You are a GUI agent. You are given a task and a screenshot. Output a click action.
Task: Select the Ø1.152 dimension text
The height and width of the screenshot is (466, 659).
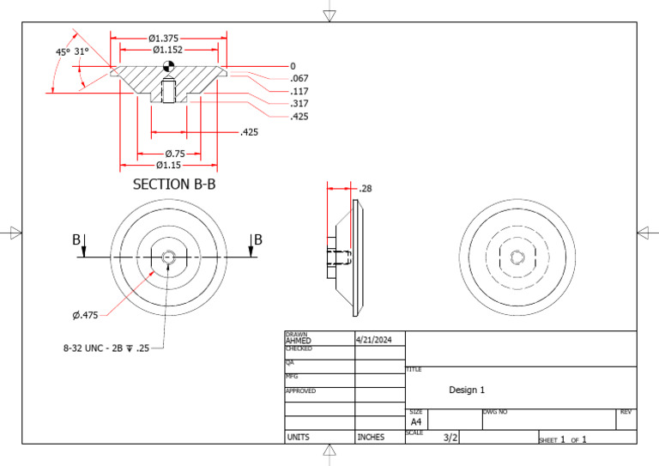(168, 51)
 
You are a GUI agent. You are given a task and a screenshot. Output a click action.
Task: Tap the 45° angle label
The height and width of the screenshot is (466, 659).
(63, 51)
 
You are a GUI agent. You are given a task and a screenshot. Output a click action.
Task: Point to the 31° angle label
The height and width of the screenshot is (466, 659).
(82, 51)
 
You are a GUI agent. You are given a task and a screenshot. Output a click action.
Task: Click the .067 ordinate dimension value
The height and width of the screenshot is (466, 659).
(299, 79)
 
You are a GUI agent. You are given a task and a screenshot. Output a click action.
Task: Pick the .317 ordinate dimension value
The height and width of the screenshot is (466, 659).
(299, 104)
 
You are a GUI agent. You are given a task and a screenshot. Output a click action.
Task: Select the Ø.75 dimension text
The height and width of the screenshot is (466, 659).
(175, 153)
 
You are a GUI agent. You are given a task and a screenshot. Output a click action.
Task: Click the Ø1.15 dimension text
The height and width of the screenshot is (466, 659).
(168, 164)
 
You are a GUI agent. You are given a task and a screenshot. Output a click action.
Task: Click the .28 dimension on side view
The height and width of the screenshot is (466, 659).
(366, 188)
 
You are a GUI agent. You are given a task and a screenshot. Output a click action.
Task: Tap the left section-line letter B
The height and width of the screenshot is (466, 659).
(76, 240)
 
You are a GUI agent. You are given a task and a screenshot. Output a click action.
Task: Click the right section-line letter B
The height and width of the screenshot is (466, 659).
(257, 240)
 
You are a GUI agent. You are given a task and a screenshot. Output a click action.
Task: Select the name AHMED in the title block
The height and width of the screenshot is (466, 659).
(299, 341)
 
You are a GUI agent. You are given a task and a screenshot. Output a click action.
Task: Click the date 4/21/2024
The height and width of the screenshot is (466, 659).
(373, 340)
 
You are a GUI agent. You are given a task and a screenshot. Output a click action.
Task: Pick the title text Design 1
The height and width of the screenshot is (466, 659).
(467, 390)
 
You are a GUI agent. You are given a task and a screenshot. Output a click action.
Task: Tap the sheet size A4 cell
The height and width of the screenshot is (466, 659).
(415, 422)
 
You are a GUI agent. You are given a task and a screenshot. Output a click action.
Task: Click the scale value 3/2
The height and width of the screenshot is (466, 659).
(450, 438)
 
